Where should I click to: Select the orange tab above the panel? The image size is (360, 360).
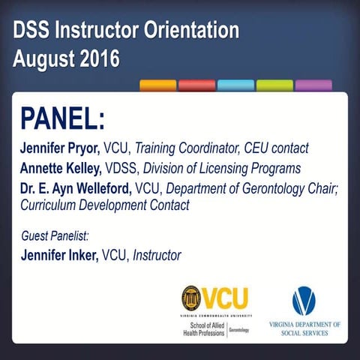point(157,85)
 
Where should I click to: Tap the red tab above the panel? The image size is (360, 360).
point(196,85)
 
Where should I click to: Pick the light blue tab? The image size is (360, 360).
point(235,85)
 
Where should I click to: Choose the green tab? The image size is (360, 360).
point(274,85)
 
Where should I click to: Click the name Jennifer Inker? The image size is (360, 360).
point(59,255)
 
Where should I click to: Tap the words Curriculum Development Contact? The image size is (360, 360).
point(105,204)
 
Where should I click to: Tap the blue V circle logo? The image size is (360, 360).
point(304,301)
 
